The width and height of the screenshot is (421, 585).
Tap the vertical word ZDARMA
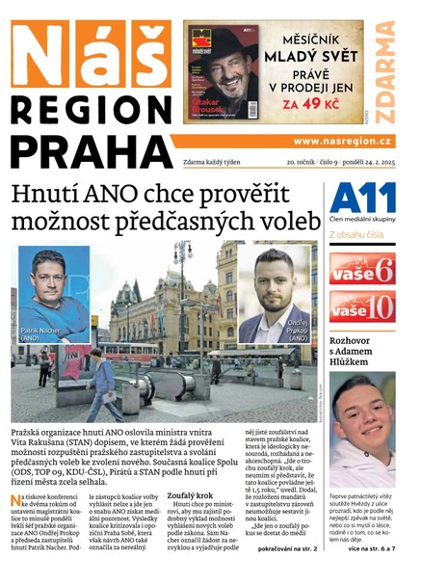click(384, 71)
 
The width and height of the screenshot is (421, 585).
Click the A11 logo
click(361, 199)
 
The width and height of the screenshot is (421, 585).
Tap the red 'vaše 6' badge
click(361, 268)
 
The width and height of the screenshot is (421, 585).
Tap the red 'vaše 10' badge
click(361, 308)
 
